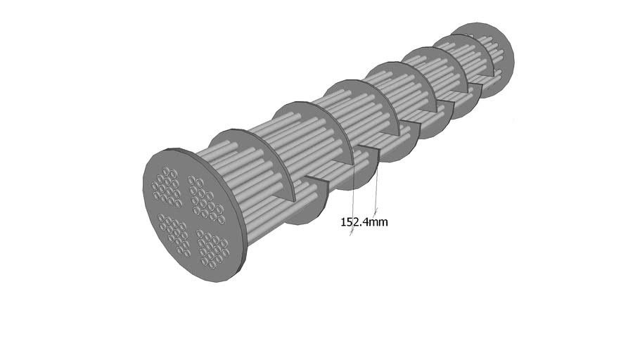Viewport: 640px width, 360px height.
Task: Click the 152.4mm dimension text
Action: pos(364,222)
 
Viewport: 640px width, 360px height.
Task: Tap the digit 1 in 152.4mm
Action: pos(344,222)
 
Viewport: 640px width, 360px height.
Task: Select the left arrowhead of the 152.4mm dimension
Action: pos(352,234)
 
